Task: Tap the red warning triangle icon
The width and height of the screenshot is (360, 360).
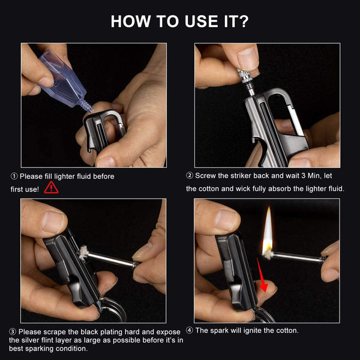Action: pos(51,188)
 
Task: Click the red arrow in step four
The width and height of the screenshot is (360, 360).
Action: pos(262,275)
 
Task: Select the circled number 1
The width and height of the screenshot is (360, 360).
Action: pos(14,176)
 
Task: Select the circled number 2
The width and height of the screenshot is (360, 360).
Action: pos(190,176)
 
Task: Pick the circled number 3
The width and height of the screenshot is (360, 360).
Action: pos(13,332)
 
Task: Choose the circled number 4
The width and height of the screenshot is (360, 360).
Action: pos(190,331)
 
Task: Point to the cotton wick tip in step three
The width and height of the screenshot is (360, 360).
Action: pos(83,253)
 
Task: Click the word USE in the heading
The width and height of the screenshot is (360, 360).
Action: pos(202,22)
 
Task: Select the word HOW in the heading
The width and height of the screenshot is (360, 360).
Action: pos(131,22)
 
